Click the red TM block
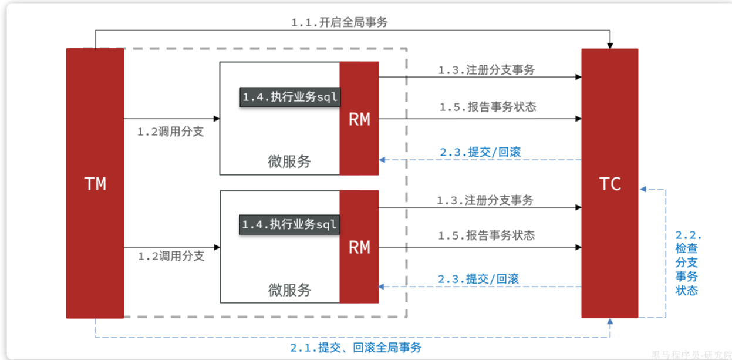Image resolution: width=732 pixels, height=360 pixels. point(95,183)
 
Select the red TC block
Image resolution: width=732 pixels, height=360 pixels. point(610,183)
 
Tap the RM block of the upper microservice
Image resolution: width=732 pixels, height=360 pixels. point(359,119)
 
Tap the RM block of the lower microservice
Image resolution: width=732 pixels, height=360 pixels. point(359,247)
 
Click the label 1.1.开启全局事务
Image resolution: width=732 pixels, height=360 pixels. point(339,22)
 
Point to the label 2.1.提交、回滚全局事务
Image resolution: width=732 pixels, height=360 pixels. point(356,347)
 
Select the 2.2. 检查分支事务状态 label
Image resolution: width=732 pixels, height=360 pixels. point(686,262)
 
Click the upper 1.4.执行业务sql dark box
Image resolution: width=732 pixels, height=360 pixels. point(290,97)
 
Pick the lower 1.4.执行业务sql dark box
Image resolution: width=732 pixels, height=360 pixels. point(289,224)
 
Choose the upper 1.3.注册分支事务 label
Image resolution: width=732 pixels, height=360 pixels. point(486,69)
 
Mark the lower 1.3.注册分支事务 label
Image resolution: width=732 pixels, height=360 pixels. point(485,200)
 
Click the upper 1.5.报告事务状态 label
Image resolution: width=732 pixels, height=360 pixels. point(487,107)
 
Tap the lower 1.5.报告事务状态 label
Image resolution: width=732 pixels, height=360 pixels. point(486,235)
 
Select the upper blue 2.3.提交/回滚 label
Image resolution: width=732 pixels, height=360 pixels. point(480,152)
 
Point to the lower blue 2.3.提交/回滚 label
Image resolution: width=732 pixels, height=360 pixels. point(478,278)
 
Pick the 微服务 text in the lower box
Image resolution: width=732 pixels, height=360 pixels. point(289,290)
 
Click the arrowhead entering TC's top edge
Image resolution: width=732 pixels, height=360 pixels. point(610,45)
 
